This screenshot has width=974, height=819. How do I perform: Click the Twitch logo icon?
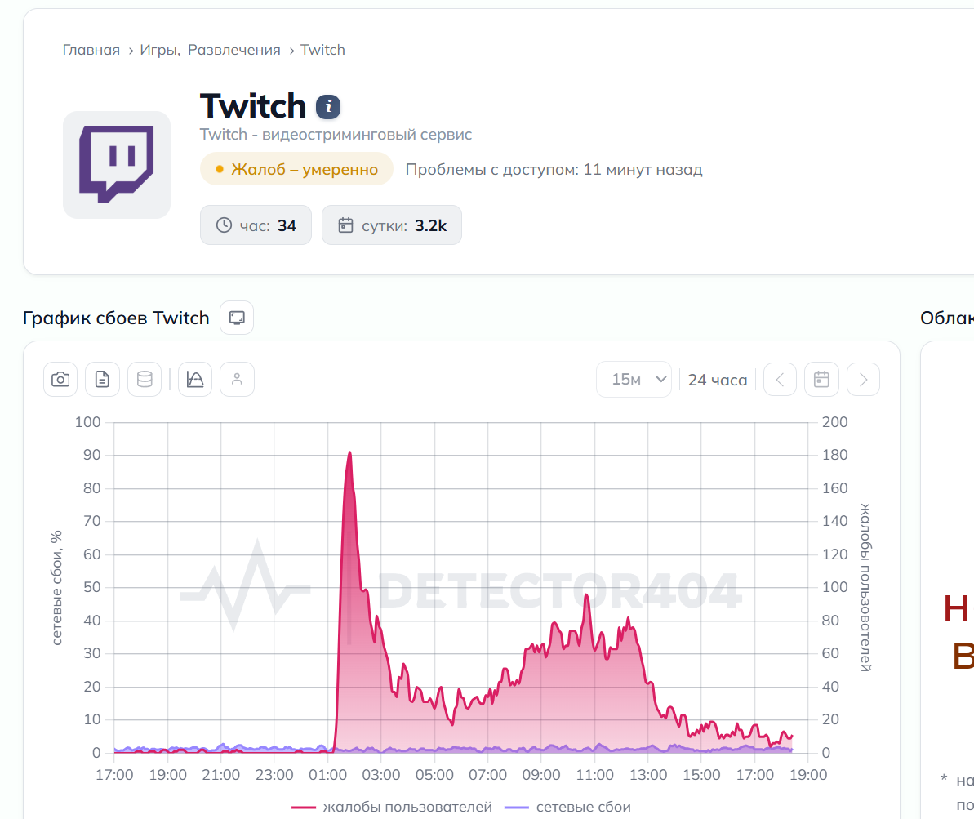(117, 165)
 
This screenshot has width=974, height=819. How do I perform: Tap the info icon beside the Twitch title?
(328, 107)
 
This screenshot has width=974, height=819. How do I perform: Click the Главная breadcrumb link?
(91, 50)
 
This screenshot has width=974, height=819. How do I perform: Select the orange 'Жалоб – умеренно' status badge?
(296, 169)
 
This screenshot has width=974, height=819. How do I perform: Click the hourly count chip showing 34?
(256, 225)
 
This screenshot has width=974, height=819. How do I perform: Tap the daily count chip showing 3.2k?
(391, 225)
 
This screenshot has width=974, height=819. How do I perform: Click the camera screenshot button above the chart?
(60, 379)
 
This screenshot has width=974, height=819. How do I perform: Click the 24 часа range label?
(718, 380)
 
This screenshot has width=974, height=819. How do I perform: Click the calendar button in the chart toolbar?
(821, 379)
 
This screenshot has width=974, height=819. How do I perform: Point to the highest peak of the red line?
(349, 452)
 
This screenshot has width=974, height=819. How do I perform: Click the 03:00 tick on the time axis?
(380, 775)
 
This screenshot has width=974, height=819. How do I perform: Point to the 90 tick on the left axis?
(92, 455)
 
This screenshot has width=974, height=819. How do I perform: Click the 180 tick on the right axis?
(835, 455)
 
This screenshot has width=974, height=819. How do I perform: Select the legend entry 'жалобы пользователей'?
(392, 807)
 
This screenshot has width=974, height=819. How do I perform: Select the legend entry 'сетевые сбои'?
(567, 807)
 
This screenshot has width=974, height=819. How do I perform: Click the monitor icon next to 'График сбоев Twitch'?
(237, 318)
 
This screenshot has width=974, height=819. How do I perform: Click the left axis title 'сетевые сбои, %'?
(56, 587)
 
